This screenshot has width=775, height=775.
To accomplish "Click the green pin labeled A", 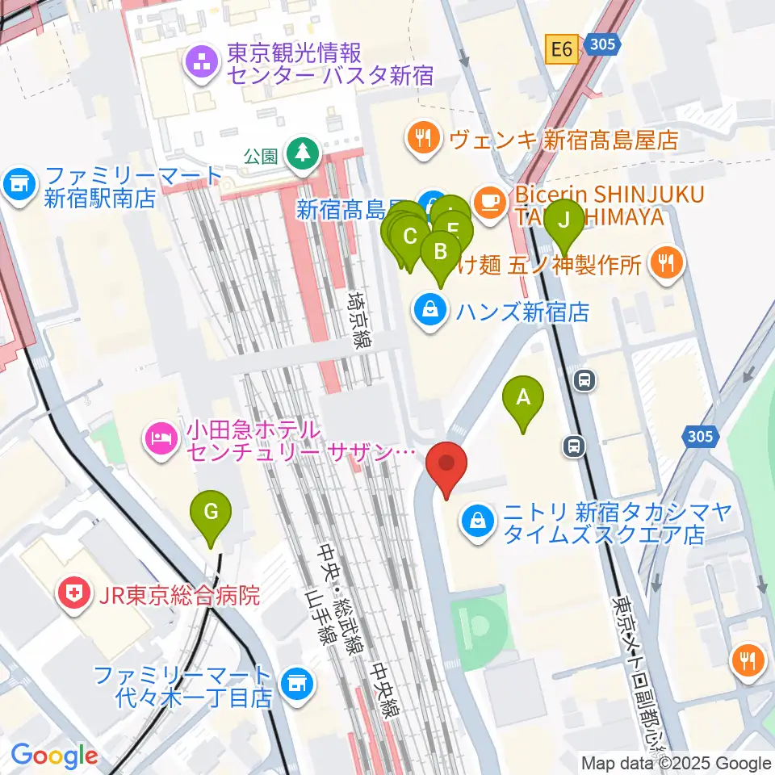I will click(523, 398).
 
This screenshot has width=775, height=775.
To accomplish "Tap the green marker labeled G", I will click(211, 512).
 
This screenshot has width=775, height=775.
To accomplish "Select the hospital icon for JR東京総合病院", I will click(73, 596).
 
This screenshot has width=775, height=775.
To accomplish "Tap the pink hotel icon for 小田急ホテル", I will click(157, 438).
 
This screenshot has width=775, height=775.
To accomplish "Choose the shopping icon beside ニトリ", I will click(479, 522).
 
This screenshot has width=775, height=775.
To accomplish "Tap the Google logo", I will click(53, 756).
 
